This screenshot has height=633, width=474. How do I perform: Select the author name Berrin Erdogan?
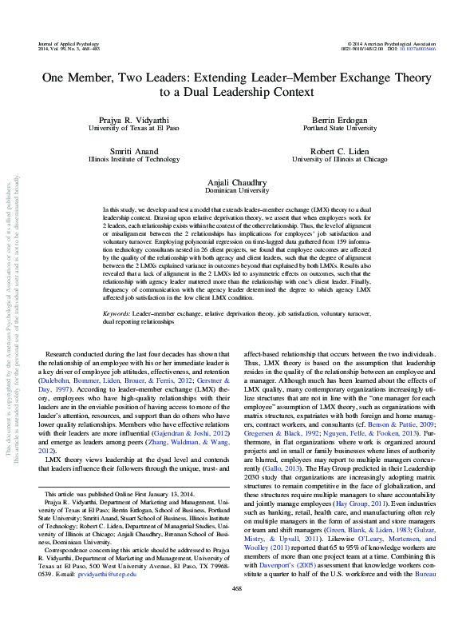coord(334,118)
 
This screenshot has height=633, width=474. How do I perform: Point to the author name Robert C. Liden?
coord(334,150)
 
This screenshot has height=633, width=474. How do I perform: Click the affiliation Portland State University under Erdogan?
coord(334,127)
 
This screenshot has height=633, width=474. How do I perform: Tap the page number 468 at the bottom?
coord(236,611)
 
